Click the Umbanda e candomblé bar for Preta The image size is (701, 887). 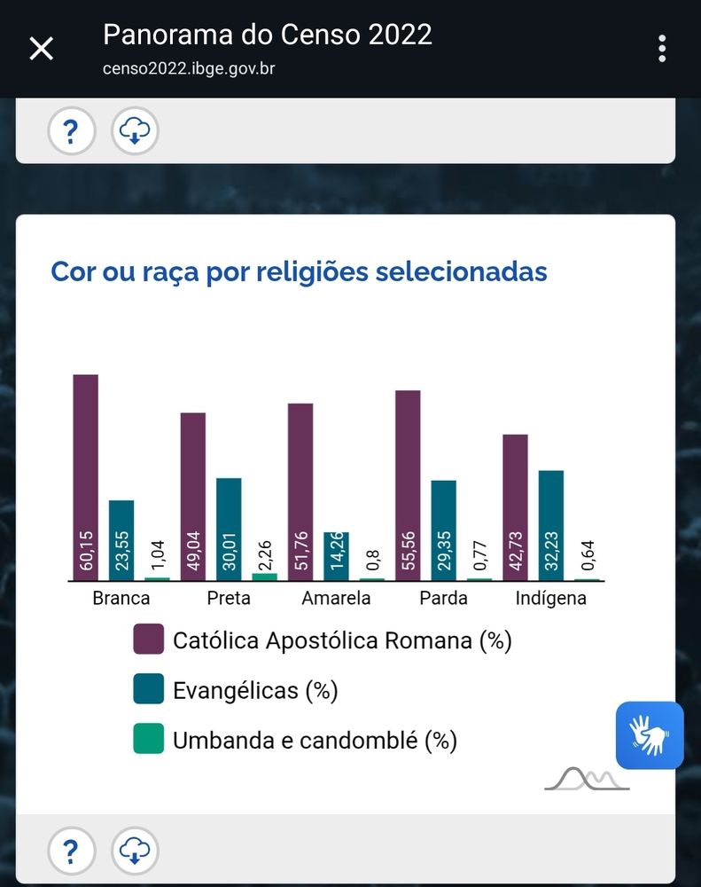(264, 577)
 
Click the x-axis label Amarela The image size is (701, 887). (336, 598)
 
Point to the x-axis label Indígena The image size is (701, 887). (550, 598)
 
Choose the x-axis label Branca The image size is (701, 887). (121, 598)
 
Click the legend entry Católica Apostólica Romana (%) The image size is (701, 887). (342, 640)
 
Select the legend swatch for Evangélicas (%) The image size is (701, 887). (149, 689)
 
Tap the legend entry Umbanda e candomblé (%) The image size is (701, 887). (315, 739)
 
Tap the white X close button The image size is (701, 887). (42, 49)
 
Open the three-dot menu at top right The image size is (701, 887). (661, 49)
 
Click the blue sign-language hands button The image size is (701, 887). (650, 735)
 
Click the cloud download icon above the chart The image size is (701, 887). (135, 132)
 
